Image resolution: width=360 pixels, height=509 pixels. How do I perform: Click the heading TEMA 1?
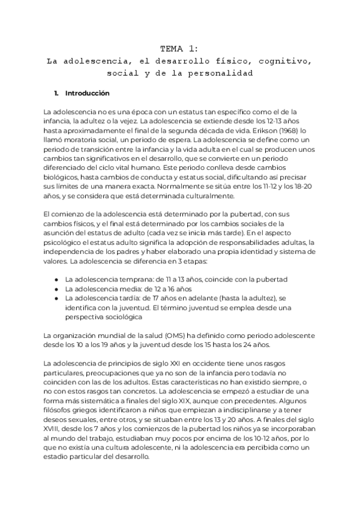pos(181,49)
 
